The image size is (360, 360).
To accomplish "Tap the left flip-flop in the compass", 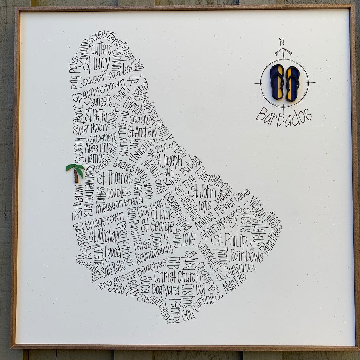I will [x=277, y=82].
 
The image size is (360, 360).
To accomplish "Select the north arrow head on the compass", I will [x=283, y=51].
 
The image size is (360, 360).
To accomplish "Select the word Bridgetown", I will [x=104, y=220].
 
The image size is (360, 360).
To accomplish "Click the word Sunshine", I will [x=240, y=269].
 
